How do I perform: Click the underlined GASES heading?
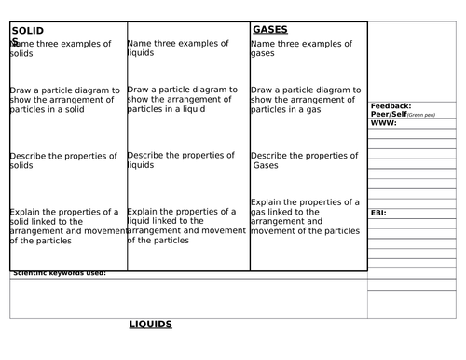pyautogui.click(x=270, y=30)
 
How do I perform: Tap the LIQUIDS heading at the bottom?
pyautogui.click(x=151, y=325)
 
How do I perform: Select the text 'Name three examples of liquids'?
pyautogui.click(x=177, y=48)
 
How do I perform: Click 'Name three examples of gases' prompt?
pyautogui.click(x=301, y=48)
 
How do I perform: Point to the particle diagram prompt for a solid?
pyautogui.click(x=64, y=100)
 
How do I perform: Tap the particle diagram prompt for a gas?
pyautogui.click(x=305, y=100)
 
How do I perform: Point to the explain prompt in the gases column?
pyautogui.click(x=305, y=216)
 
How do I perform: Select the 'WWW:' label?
pyautogui.click(x=383, y=123)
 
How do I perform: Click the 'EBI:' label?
pyautogui.click(x=378, y=213)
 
